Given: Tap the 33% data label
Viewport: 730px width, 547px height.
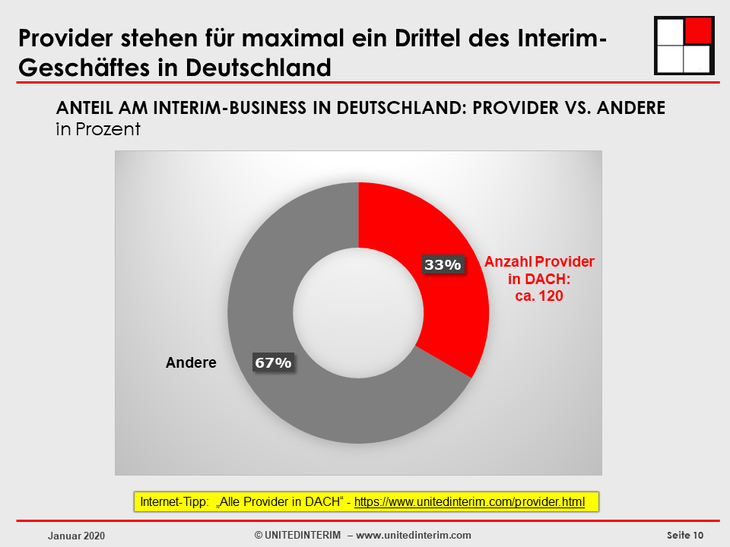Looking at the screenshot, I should [443, 264].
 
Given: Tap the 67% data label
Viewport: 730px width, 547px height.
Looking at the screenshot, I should [273, 362].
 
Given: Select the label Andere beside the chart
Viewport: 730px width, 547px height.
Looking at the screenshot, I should [191, 363].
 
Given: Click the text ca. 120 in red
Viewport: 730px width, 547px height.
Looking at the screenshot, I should [540, 296].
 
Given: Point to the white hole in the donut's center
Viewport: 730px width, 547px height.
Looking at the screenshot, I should [358, 313].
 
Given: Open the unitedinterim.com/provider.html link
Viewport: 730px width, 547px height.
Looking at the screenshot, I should [469, 502].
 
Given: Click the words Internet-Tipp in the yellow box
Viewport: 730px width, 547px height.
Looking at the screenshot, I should [172, 502].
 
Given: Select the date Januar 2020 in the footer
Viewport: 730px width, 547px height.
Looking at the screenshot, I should [76, 536].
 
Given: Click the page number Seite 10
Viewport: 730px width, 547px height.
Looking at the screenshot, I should [685, 535].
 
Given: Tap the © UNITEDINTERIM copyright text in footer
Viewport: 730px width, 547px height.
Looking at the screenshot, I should [297, 535].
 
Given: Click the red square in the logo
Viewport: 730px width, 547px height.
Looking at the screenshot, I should [697, 30].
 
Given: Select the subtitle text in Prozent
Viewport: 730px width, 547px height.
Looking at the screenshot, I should [98, 129].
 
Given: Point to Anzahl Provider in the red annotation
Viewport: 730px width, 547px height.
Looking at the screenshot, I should [540, 261].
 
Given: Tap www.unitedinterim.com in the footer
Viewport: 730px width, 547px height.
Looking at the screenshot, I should [414, 535].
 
